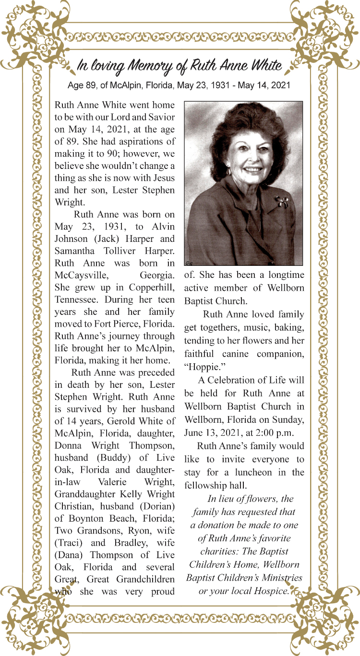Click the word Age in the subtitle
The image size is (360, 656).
(x=75, y=86)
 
